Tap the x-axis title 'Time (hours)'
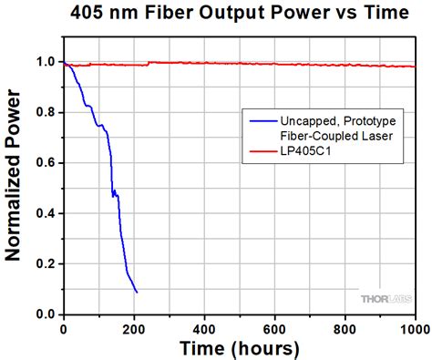click(239, 348)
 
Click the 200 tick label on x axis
click(133, 327)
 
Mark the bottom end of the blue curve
click(137, 292)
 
